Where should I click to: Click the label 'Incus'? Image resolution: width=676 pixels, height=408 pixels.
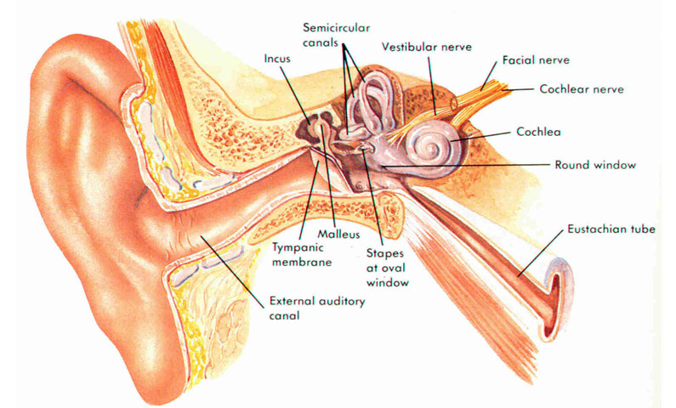point(277,58)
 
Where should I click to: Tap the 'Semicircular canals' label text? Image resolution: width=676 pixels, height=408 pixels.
point(336,35)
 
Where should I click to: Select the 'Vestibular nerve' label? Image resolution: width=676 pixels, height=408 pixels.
point(426,47)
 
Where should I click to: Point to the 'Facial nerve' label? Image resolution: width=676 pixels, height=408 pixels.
point(536,59)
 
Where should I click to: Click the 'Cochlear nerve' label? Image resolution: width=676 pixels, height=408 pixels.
point(582,89)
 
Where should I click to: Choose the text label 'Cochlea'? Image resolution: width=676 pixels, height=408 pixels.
point(538,132)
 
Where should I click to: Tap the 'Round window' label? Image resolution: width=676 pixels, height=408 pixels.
point(595,165)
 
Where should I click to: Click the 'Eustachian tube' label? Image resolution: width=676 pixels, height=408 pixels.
point(611,229)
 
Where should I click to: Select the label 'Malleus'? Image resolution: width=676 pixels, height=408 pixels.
point(338,235)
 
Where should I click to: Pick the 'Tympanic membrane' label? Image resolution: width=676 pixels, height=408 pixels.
point(302,255)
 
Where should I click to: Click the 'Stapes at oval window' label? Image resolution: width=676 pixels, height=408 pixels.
point(387,268)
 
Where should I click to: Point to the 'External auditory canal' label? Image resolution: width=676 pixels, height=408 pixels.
point(317,308)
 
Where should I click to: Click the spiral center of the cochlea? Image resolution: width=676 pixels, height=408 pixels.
point(432,150)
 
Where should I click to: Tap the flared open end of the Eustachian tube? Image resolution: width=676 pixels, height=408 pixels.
point(558,297)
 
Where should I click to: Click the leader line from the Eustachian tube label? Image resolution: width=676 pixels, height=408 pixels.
point(541,253)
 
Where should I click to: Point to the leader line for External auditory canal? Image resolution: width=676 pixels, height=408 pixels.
point(232,271)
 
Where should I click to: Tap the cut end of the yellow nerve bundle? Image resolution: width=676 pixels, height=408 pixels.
point(454,103)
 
